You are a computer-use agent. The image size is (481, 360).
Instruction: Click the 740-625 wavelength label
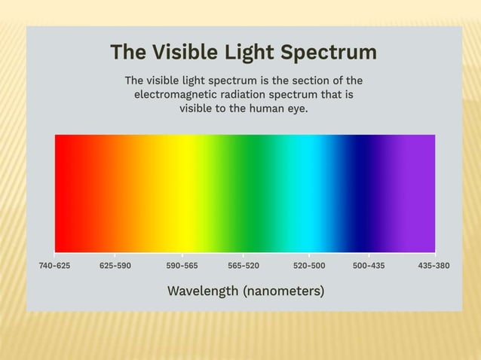point(54,266)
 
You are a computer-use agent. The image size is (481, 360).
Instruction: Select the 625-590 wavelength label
point(115,266)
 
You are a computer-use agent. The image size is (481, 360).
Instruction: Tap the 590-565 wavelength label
point(182,266)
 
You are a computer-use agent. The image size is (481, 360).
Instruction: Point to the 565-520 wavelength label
point(244,266)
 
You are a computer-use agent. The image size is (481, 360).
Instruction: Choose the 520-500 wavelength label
point(309,266)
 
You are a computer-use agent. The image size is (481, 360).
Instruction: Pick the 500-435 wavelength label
point(369,266)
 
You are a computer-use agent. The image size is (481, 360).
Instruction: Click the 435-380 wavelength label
point(434,266)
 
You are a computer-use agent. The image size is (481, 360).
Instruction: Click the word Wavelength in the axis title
point(203,291)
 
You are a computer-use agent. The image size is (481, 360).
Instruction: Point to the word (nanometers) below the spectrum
point(283,291)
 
